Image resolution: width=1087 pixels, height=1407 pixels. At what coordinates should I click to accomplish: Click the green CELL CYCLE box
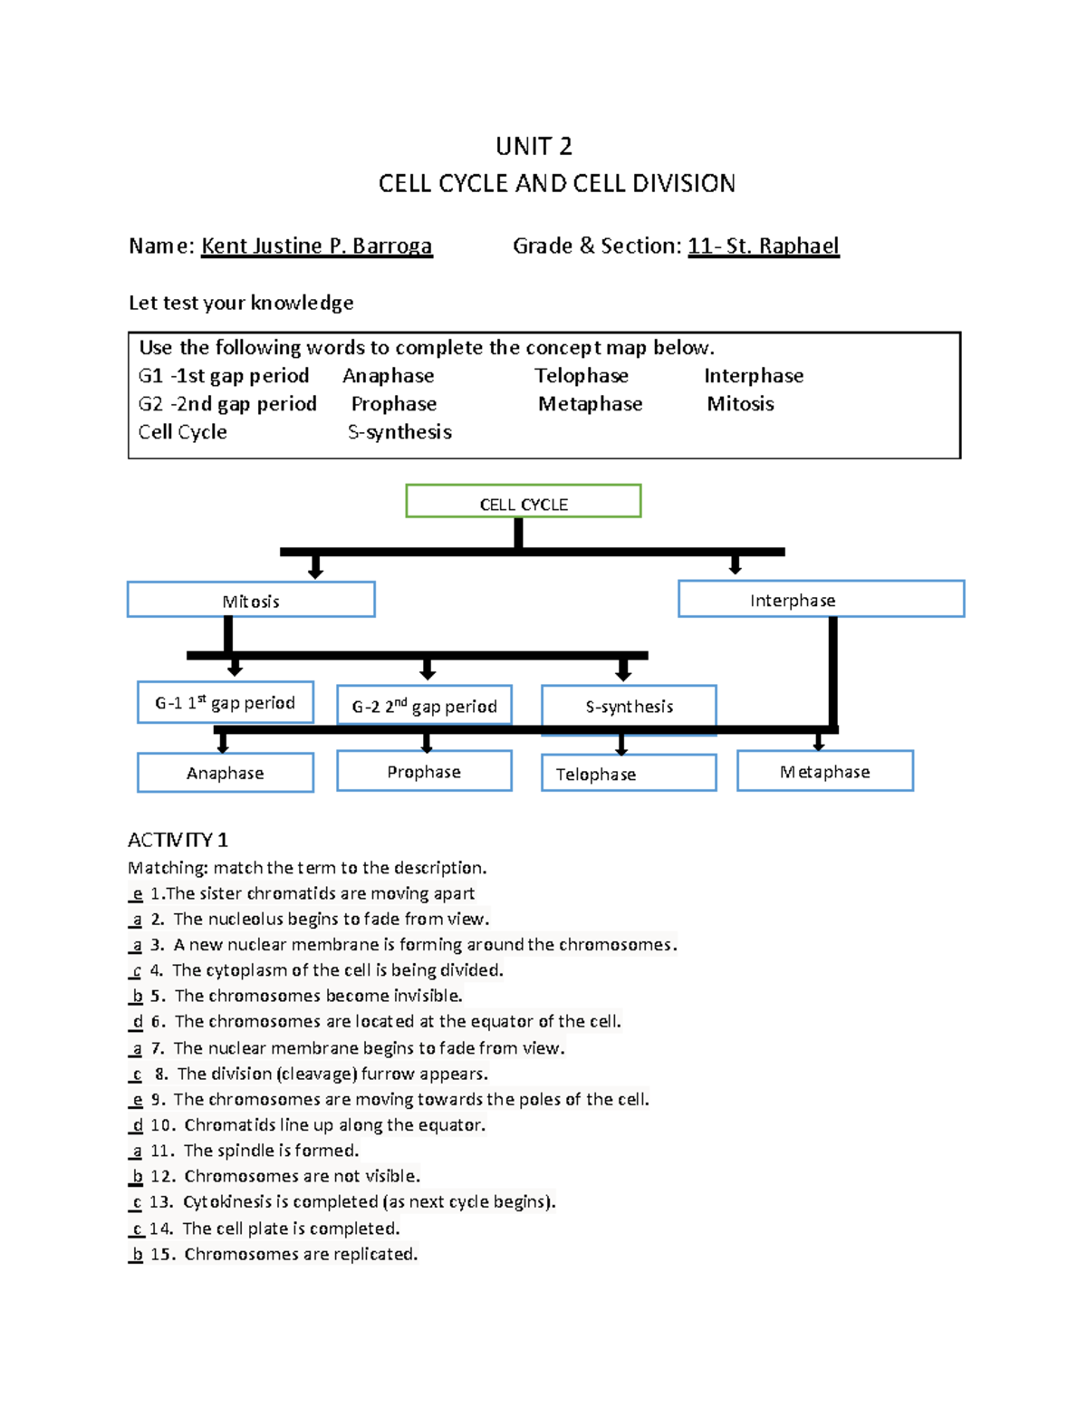[x=524, y=501]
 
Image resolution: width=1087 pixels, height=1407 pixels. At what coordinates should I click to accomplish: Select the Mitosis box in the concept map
[x=251, y=600]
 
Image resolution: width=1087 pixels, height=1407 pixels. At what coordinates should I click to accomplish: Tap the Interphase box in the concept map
[x=821, y=599]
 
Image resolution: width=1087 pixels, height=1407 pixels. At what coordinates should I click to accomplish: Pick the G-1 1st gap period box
[x=226, y=702]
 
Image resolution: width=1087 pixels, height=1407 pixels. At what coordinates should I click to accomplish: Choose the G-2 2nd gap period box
[x=424, y=705]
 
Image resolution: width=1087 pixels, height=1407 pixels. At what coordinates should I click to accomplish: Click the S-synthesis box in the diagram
[x=629, y=705]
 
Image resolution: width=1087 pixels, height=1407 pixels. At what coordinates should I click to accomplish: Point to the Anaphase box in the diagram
[x=226, y=773]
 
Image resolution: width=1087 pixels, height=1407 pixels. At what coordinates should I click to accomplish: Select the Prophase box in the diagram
[x=424, y=771]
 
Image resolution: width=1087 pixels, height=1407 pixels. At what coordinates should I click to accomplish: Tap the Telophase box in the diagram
[x=629, y=773]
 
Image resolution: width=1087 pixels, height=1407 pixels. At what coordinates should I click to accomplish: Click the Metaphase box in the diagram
[x=824, y=771]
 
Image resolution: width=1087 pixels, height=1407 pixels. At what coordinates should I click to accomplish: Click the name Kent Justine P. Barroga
[x=316, y=246]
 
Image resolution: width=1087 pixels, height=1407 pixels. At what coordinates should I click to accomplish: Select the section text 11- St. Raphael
[x=764, y=246]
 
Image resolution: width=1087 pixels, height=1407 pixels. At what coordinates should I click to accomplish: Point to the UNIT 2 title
[x=534, y=146]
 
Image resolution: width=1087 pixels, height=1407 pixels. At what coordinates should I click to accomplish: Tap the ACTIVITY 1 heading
[x=178, y=840]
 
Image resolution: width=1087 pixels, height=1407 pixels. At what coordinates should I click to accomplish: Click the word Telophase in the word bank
[x=581, y=375]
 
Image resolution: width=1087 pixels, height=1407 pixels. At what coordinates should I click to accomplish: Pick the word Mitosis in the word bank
[x=740, y=403]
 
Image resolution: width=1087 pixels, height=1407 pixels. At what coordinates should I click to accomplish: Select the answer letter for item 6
[x=137, y=1021]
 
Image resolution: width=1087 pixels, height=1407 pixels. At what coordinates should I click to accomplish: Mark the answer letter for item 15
[x=137, y=1254]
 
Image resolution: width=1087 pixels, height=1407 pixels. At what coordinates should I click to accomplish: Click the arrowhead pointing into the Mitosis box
[x=315, y=571]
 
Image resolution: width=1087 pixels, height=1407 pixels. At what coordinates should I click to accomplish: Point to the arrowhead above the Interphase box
[x=736, y=568]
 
